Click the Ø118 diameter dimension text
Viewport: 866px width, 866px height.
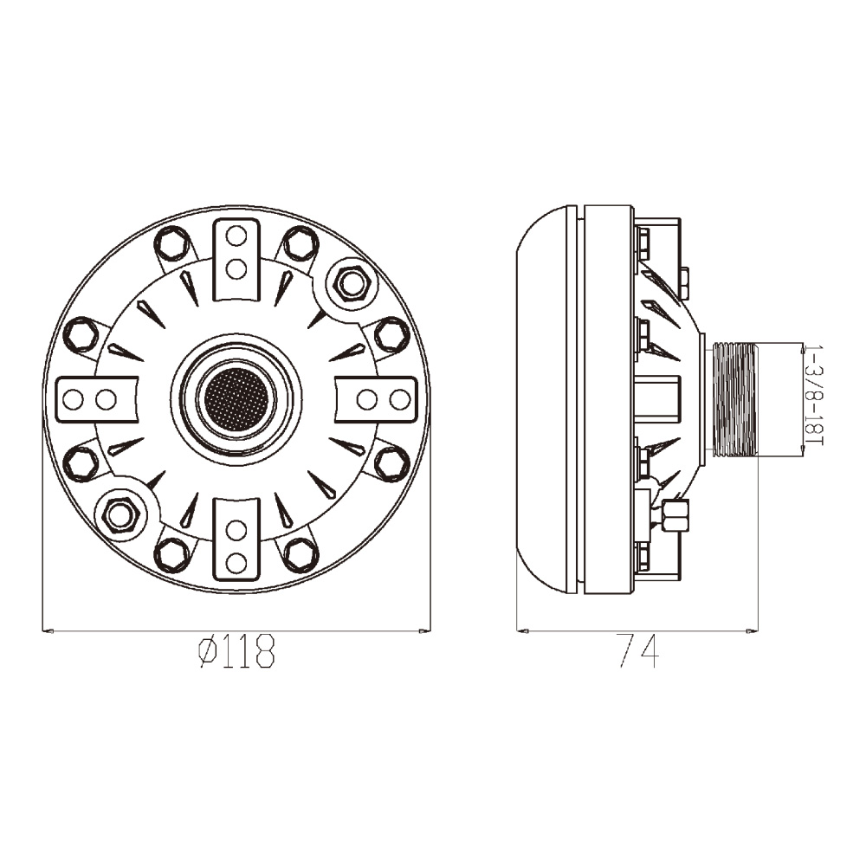(236, 651)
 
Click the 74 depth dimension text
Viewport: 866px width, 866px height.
(638, 651)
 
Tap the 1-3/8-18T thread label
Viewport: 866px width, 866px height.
(814, 396)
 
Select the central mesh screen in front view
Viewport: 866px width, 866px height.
(236, 397)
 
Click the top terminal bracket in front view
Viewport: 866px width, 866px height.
(236, 260)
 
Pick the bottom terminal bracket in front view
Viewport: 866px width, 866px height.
(236, 539)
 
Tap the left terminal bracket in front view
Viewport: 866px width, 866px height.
(97, 399)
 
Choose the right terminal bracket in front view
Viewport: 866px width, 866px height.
(376, 399)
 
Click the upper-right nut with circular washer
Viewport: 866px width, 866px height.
(352, 284)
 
